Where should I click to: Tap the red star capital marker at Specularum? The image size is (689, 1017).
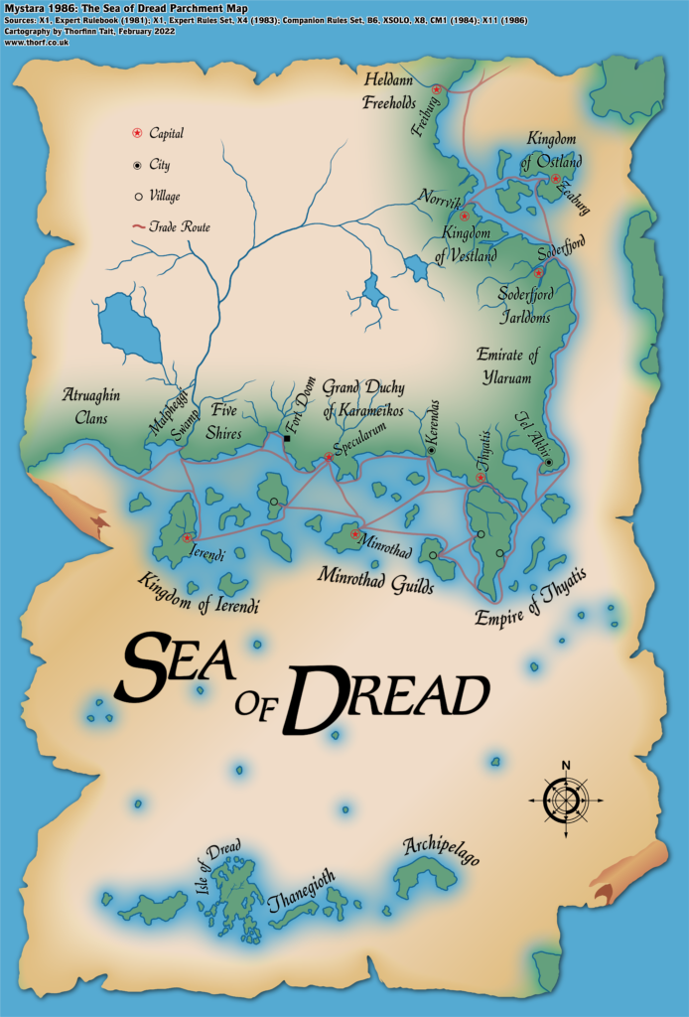329,458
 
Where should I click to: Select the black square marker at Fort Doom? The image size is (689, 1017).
287,438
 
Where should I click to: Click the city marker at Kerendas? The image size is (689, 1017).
431,450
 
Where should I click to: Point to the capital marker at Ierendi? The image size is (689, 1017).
188,537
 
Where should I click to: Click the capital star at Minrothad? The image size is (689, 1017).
354,534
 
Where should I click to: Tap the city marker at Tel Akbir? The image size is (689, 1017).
548,462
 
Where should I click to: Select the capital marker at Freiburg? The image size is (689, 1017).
437,89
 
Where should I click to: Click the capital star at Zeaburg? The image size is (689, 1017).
556,180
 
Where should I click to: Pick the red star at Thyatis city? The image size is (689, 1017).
482,478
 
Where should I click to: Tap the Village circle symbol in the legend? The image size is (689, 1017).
137,197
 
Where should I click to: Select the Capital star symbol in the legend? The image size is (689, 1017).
137,133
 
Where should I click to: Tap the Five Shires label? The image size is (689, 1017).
227,416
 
